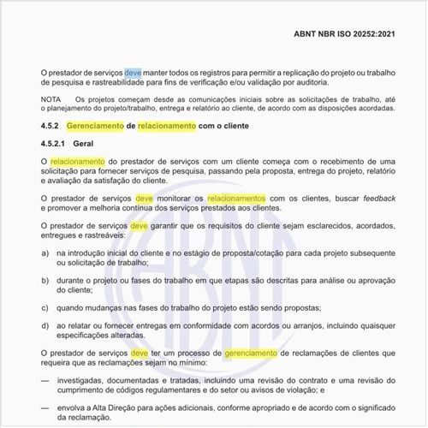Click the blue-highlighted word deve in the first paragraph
[x=133, y=74]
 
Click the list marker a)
[x=45, y=254]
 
